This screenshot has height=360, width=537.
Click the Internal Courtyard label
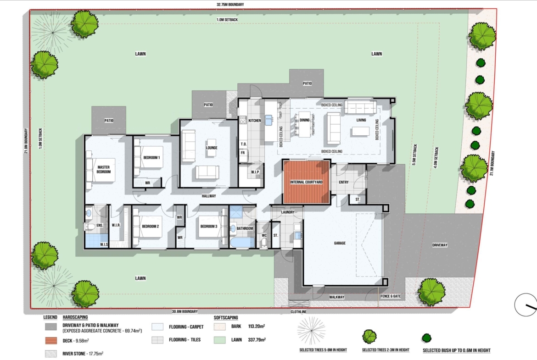pyautogui.click(x=306, y=182)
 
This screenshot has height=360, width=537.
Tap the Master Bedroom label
pyautogui.click(x=103, y=169)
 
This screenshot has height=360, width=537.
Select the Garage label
pyautogui.click(x=340, y=243)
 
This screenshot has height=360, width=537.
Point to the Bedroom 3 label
pyautogui.click(x=208, y=226)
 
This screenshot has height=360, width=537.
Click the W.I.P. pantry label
pyautogui.click(x=255, y=172)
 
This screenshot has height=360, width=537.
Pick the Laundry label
pyautogui.click(x=288, y=212)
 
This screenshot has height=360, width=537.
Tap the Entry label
pyautogui.click(x=343, y=182)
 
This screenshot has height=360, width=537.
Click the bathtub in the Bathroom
pyautogui.click(x=242, y=242)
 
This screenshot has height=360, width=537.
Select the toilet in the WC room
pyautogui.click(x=264, y=242)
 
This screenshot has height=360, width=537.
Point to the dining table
pyautogui.click(x=304, y=124)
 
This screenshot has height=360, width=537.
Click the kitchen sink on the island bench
pyautogui.click(x=269, y=120)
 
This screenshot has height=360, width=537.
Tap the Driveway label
pyautogui.click(x=440, y=245)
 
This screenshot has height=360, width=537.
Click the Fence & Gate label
pyautogui.click(x=391, y=296)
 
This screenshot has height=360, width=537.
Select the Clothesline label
pyautogui.click(x=298, y=312)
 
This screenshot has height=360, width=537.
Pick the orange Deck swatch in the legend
pyautogui.click(x=50, y=341)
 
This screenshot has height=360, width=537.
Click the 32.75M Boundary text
pyautogui.click(x=230, y=5)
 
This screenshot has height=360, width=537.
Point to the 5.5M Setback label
pyautogui.click(x=415, y=155)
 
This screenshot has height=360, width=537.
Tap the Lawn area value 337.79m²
pyautogui.click(x=257, y=340)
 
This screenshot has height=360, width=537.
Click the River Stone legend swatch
pyautogui.click(x=50, y=354)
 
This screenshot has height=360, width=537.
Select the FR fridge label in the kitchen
pyautogui.click(x=243, y=153)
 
